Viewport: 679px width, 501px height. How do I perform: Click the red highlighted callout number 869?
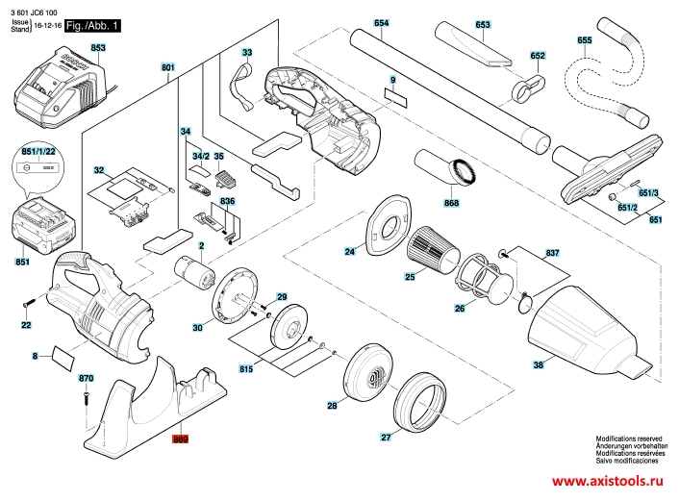click(180, 439)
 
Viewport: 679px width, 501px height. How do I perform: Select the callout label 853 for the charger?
click(98, 47)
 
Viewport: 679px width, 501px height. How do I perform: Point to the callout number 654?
click(381, 22)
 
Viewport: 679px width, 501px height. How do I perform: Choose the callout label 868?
click(451, 202)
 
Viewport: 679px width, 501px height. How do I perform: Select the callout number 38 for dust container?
click(539, 364)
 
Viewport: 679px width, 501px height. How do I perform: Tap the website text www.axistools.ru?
click(610, 482)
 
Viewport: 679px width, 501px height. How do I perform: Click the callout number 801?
click(168, 67)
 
